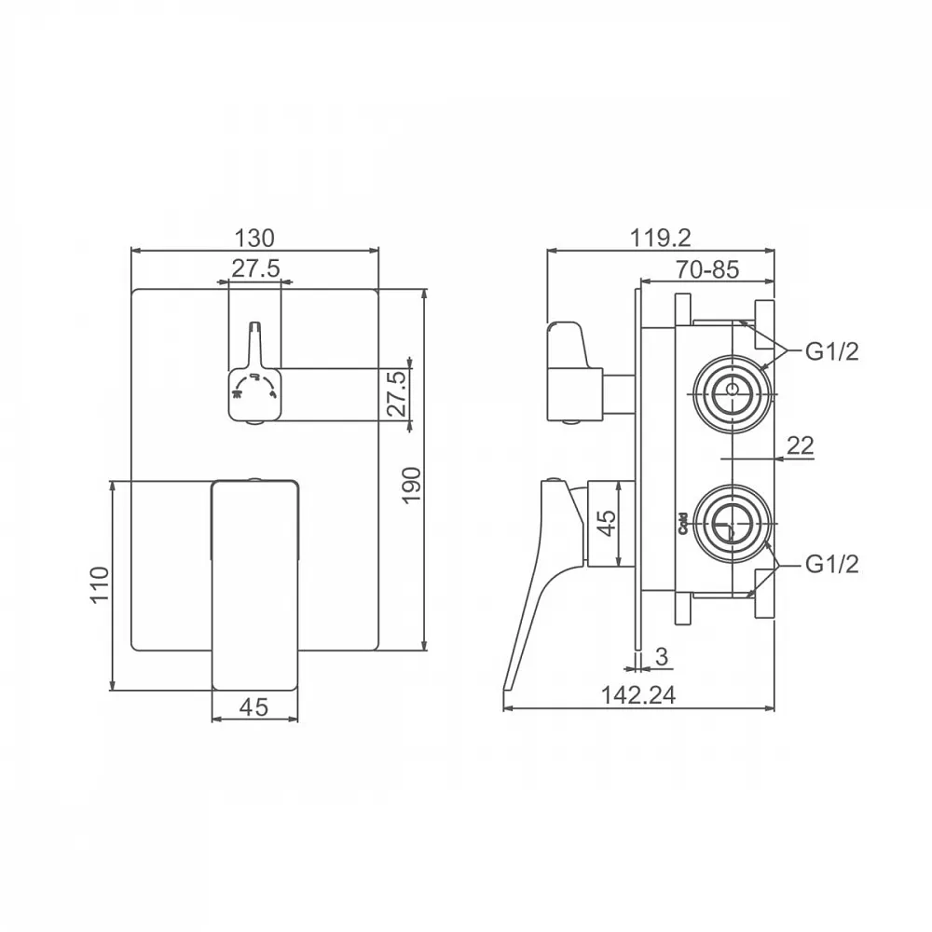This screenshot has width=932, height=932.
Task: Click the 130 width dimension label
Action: (x=254, y=238)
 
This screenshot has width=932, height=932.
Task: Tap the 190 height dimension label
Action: (x=411, y=485)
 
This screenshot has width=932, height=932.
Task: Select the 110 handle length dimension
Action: (x=100, y=584)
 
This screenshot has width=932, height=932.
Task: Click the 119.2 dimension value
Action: (x=661, y=238)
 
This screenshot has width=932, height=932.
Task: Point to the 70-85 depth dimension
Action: (x=707, y=270)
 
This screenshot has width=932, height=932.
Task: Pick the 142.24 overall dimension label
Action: (x=638, y=695)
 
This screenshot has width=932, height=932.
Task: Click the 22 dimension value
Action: (x=800, y=445)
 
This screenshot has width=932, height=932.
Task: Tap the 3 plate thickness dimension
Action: (x=662, y=656)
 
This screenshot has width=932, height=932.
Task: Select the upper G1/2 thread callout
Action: (x=832, y=352)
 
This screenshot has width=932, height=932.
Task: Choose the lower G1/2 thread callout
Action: (x=832, y=564)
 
